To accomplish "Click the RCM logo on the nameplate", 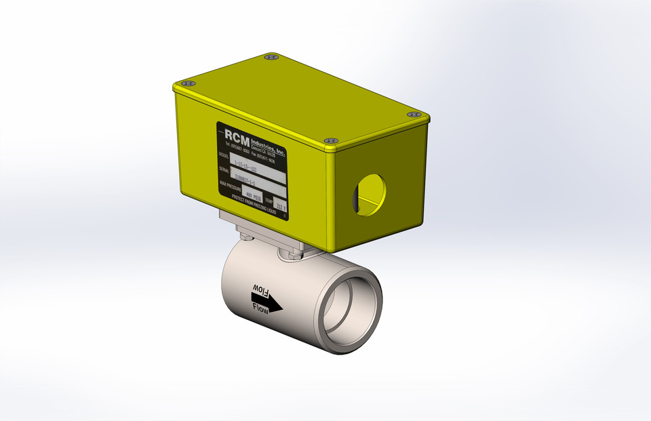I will click(240, 134).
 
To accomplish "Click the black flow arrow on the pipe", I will click(267, 300).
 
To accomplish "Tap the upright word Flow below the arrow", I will click(260, 308).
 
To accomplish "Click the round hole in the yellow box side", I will click(369, 195).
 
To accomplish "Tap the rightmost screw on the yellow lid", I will click(413, 115).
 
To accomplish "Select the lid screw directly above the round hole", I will click(330, 141).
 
